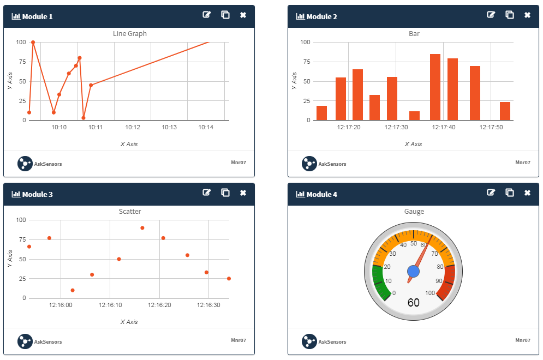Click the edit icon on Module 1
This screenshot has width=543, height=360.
point(206,15)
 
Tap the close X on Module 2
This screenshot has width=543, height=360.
point(527,15)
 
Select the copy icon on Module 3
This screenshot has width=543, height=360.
point(225,193)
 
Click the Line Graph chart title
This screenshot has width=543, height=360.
point(130,34)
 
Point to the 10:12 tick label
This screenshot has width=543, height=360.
point(133,128)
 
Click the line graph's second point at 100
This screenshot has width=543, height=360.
point(33,42)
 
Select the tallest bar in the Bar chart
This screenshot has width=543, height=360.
point(435,87)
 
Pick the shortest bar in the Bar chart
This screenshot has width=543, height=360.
point(414,116)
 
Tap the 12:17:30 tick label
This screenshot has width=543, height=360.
point(396,128)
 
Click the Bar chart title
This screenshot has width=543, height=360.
point(414,34)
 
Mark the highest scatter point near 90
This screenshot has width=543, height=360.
point(142,228)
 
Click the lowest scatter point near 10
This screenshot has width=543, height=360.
point(73,290)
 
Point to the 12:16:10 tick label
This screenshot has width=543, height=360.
point(110,305)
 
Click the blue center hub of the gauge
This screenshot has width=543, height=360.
point(413,271)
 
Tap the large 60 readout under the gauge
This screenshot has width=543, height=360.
point(414,302)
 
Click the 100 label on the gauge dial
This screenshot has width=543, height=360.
point(430,293)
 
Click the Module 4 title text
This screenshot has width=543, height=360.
point(321,194)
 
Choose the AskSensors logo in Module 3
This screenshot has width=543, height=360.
point(25,341)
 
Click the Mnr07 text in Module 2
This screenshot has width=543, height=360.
point(523,162)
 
